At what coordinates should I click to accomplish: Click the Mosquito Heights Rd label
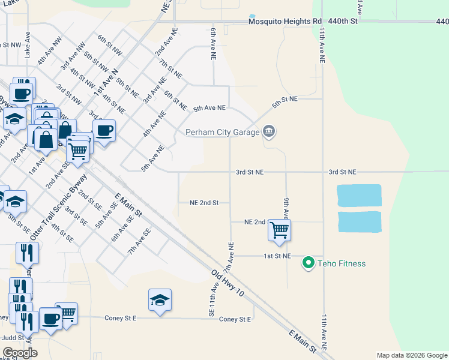coord(285,22)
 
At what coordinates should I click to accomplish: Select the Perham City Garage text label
coord(222,132)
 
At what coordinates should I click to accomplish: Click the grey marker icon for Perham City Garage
coord(269,131)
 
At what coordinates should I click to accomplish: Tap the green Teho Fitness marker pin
coord(309,263)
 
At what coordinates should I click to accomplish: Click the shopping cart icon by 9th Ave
coord(279,230)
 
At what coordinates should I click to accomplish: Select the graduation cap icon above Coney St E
coord(160,299)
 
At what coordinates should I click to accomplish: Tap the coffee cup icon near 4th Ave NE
coord(103,131)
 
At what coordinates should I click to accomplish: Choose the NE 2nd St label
coord(204,203)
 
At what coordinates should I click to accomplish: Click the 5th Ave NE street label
coord(209,109)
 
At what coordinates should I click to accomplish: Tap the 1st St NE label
coord(278,256)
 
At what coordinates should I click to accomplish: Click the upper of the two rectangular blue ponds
coord(359,195)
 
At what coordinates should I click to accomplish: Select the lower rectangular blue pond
coord(359,221)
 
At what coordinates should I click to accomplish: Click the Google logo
coord(20,353)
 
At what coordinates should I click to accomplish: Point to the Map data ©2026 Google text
coord(412,355)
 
